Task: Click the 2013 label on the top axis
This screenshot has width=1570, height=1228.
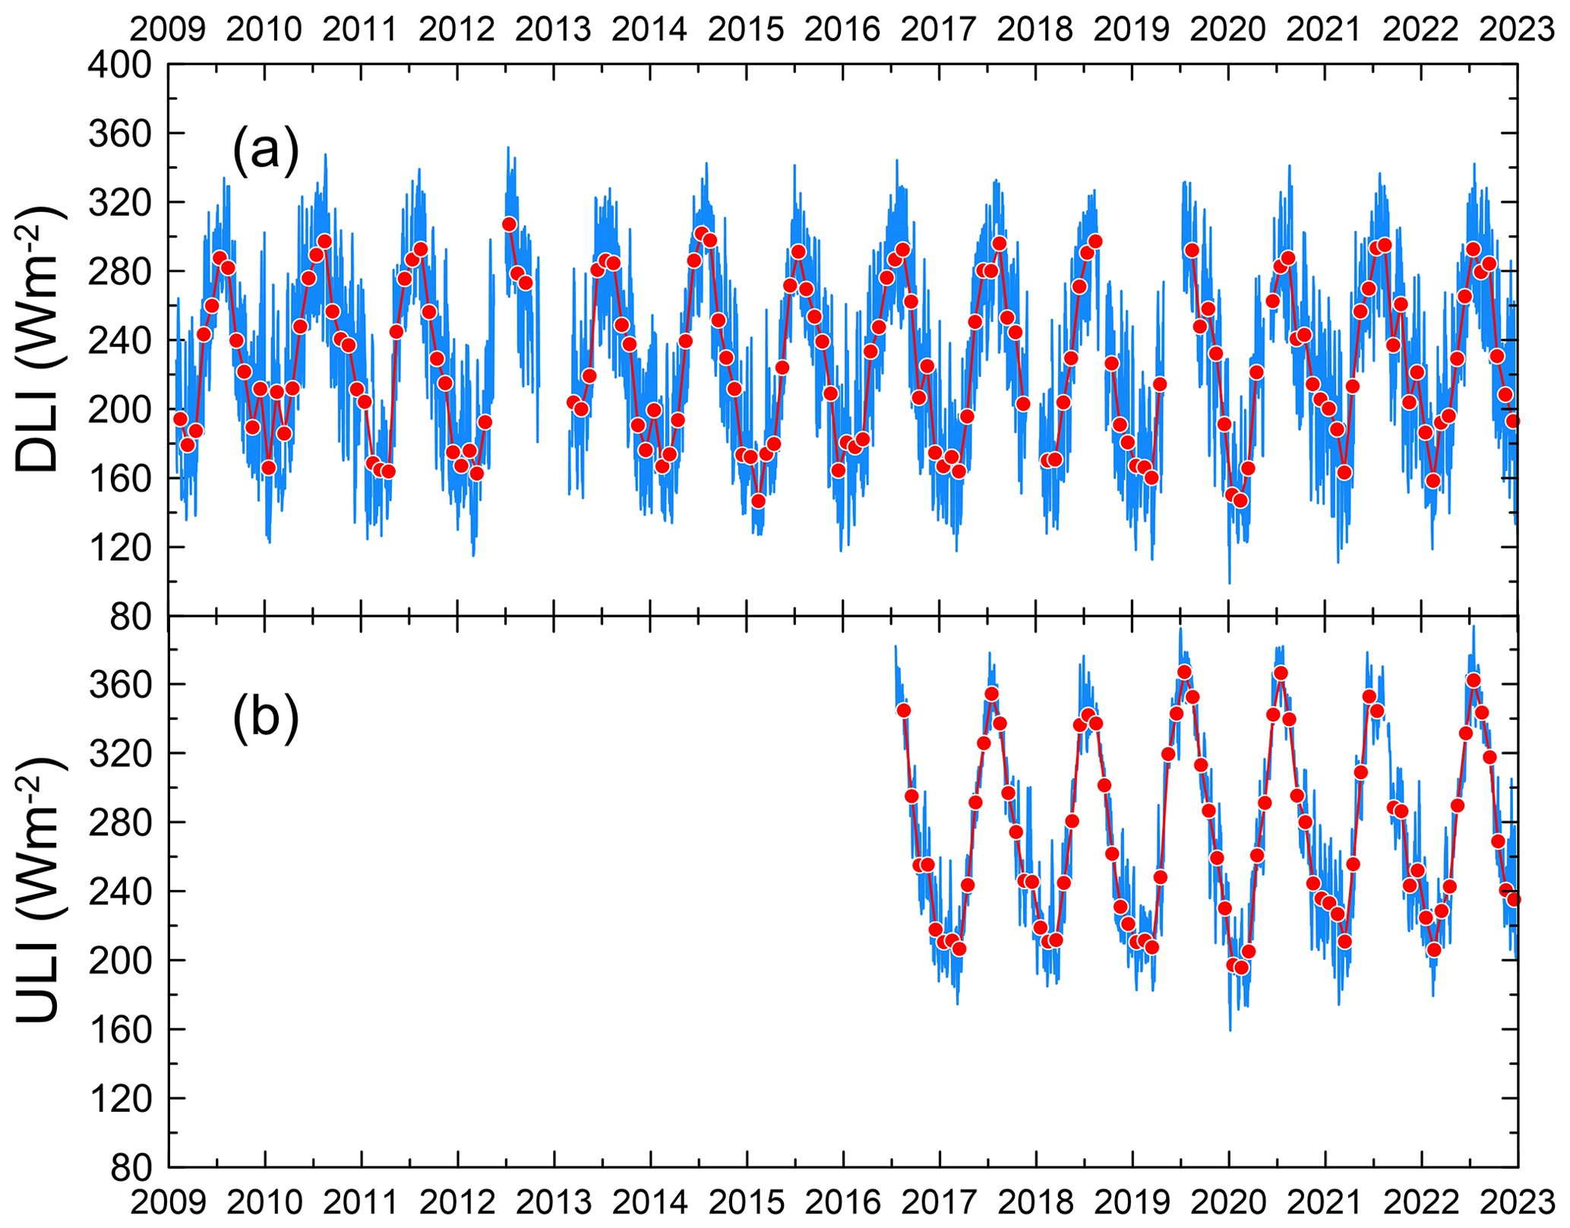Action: pos(554,30)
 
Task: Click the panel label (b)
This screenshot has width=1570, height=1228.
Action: pos(266,716)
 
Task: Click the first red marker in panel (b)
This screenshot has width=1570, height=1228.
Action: pos(903,710)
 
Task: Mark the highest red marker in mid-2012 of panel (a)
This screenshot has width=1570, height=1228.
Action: pos(509,224)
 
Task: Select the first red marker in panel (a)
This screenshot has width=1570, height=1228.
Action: pos(180,418)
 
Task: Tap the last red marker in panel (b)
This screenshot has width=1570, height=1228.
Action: pos(1513,899)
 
